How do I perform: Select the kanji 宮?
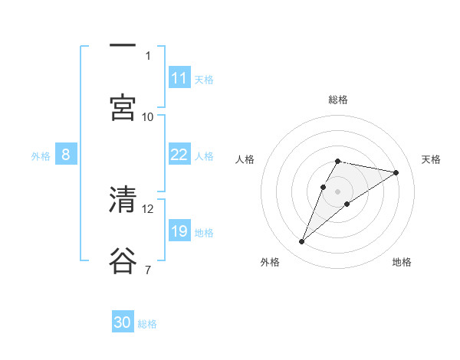(x=123, y=107)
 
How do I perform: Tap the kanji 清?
(x=123, y=200)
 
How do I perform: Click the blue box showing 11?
(x=179, y=78)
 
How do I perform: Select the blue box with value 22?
(x=179, y=155)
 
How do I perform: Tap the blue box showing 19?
(x=179, y=231)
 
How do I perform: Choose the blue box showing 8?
(x=66, y=155)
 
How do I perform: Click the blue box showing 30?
(x=123, y=322)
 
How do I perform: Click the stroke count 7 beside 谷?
(x=148, y=270)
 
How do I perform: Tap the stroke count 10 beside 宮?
(x=148, y=116)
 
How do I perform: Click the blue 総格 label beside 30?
(x=148, y=324)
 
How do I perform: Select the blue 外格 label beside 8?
(x=41, y=155)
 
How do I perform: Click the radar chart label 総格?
(x=337, y=100)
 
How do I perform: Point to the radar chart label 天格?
(x=432, y=159)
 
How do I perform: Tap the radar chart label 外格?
(x=269, y=262)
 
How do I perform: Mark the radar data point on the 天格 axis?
(x=396, y=172)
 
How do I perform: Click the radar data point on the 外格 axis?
(x=302, y=242)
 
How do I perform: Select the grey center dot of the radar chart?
(x=337, y=191)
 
